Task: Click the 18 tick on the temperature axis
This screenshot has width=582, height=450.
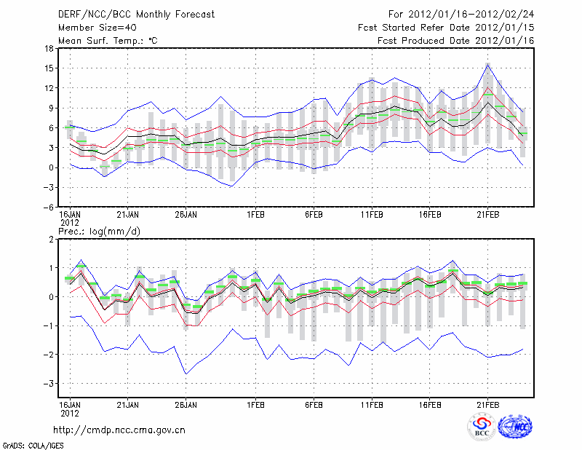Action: [49, 48]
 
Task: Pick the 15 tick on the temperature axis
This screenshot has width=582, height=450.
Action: [49, 68]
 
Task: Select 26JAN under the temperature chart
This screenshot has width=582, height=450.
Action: [186, 216]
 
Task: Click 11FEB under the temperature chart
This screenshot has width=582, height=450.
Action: [372, 216]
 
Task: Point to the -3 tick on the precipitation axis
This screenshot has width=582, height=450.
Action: [49, 383]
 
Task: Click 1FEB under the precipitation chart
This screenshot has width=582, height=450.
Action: [255, 403]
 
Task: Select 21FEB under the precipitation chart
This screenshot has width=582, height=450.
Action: [487, 403]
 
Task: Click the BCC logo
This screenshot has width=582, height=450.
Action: [482, 427]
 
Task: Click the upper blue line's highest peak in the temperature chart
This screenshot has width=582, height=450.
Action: [487, 63]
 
